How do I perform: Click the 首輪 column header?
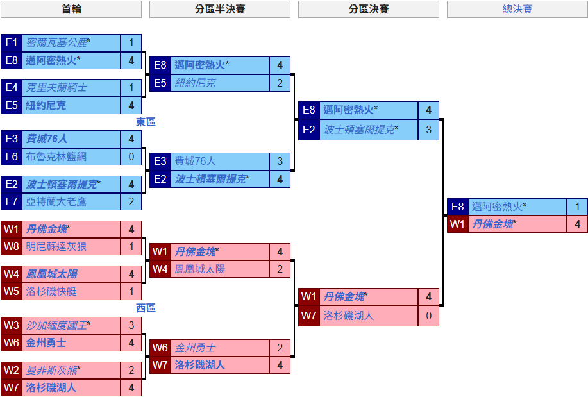[x=71, y=10]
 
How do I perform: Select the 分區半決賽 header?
[x=220, y=10]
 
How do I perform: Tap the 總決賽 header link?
[x=517, y=10]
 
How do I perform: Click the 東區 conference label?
[x=146, y=122]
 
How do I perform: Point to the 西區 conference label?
[x=146, y=308]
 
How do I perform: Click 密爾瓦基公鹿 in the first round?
[x=56, y=43]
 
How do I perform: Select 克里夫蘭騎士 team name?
[x=56, y=87]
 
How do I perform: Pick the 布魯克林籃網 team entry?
[x=56, y=156]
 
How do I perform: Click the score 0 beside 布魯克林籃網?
[x=131, y=156]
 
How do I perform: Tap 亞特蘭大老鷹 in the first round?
[x=56, y=201]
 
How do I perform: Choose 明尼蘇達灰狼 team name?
[x=56, y=246]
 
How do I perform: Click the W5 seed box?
[x=12, y=291]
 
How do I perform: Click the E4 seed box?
[x=12, y=87]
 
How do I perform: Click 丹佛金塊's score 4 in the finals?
[x=577, y=224]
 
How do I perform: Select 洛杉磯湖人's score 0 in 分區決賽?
[x=428, y=316]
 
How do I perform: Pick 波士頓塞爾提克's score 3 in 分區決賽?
[x=428, y=130]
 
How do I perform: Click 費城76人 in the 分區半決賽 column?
[x=195, y=162]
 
